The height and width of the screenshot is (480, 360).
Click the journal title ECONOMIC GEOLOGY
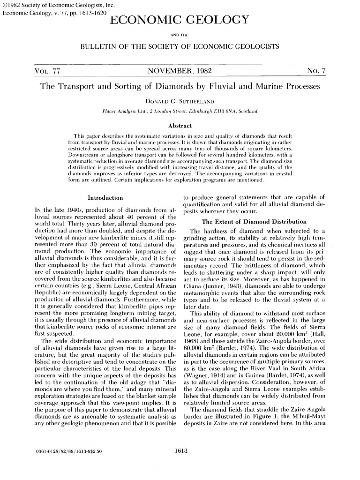[180, 20]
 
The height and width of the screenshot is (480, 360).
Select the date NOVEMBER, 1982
[180, 71]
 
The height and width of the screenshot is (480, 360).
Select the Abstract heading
[180, 126]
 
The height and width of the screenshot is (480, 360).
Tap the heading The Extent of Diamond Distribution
[254, 222]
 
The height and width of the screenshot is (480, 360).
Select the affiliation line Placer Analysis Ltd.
[180, 111]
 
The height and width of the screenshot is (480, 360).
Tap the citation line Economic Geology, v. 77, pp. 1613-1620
[52, 13]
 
